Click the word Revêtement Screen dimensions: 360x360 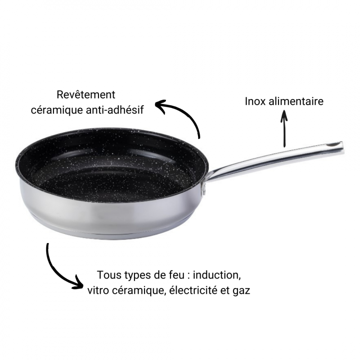pyautogui.click(x=86, y=95)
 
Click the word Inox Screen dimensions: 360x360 pyautogui.click(x=256, y=101)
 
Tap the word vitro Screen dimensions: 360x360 pyautogui.click(x=98, y=290)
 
